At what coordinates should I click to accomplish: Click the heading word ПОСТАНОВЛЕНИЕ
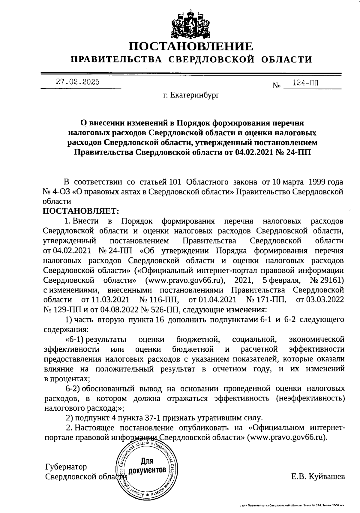(x=191, y=47)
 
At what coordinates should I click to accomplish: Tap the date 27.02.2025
(x=78, y=82)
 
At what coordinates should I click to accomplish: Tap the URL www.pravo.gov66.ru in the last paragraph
(x=287, y=437)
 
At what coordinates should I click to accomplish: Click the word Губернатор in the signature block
(x=66, y=467)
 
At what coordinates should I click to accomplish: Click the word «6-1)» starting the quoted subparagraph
(x=74, y=340)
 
